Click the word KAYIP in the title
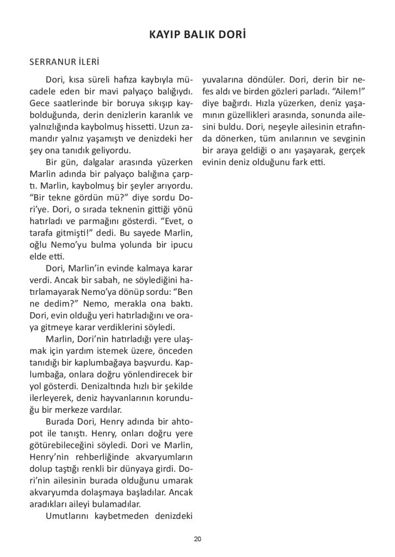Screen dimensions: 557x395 (163, 36)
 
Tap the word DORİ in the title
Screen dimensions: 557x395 (233, 36)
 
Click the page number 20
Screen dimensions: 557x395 (197, 539)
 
